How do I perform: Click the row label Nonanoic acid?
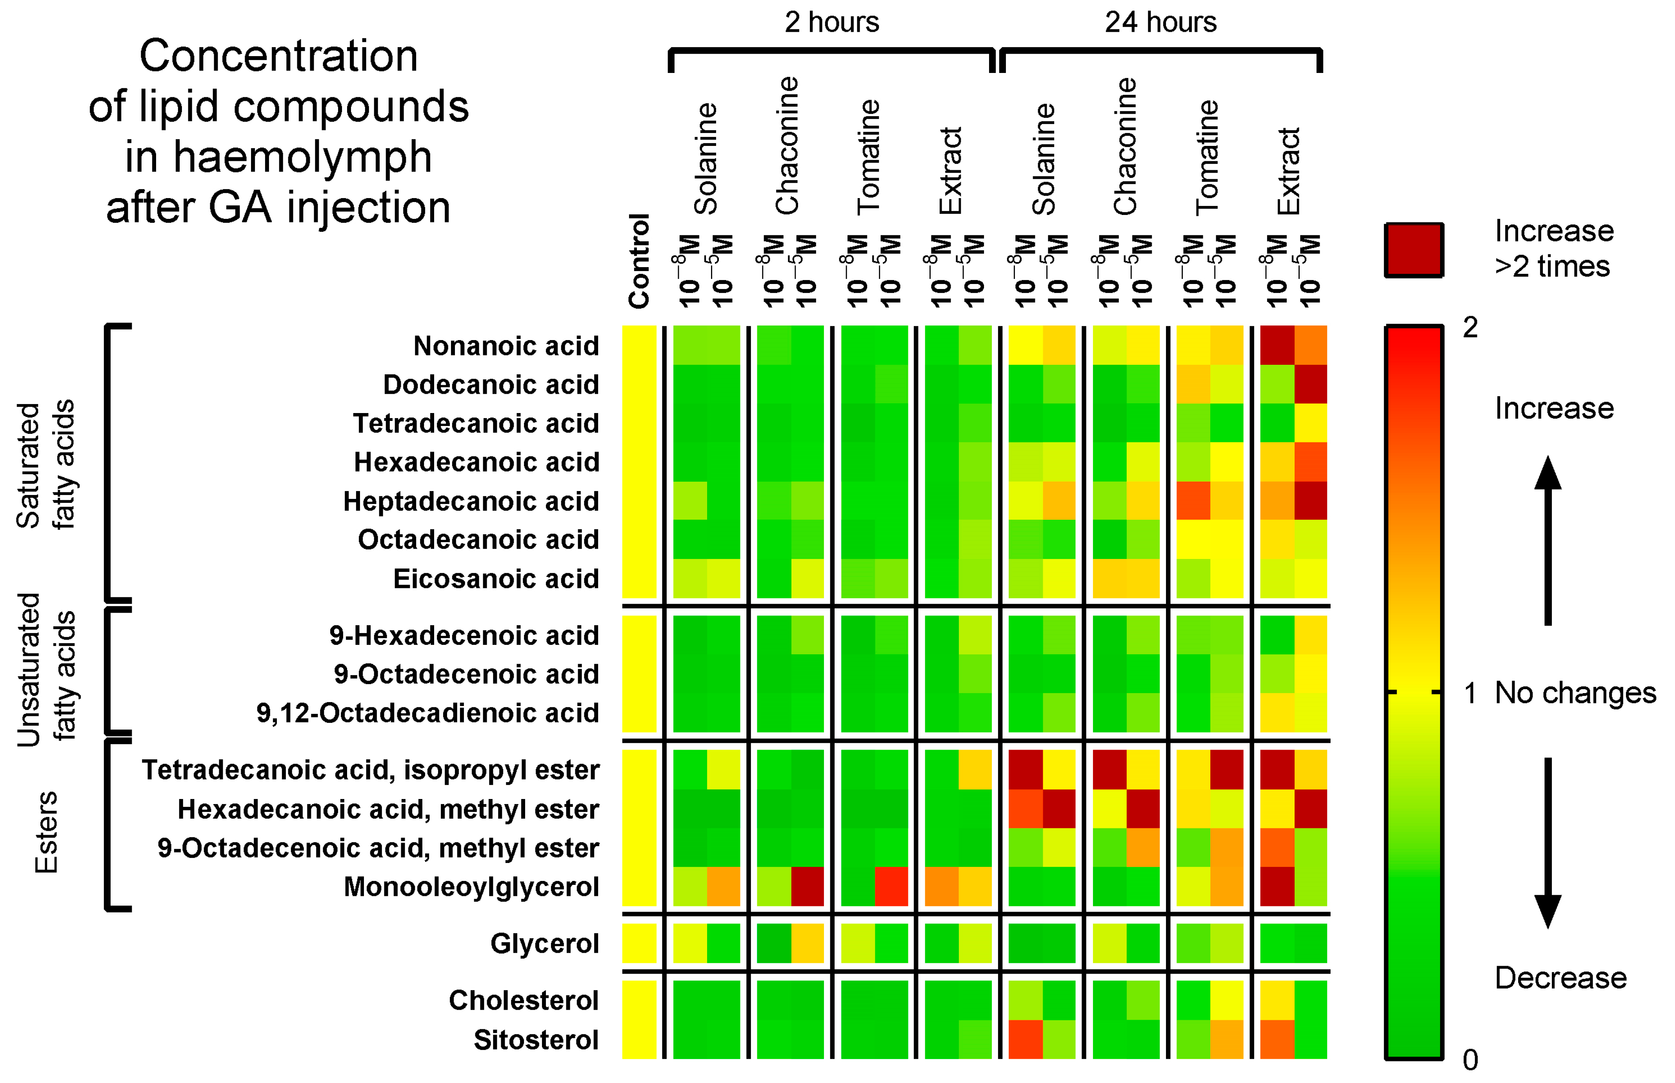coord(506,346)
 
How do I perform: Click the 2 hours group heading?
coord(831,22)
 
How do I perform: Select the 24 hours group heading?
coord(1160,22)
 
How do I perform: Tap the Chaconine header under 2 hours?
coord(787,146)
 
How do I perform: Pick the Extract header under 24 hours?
coord(1288,171)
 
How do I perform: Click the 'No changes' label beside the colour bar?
coord(1575,693)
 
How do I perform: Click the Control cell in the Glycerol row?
coord(639,943)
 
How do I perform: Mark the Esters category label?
coord(46,832)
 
